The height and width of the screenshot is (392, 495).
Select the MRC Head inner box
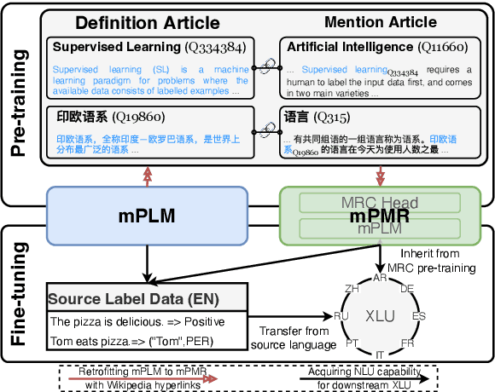tap(380, 203)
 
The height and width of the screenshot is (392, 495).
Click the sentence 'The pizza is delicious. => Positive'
tap(137, 321)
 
